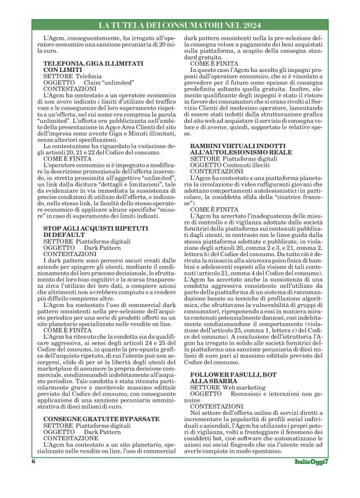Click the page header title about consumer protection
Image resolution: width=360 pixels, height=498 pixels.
click(x=179, y=25)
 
